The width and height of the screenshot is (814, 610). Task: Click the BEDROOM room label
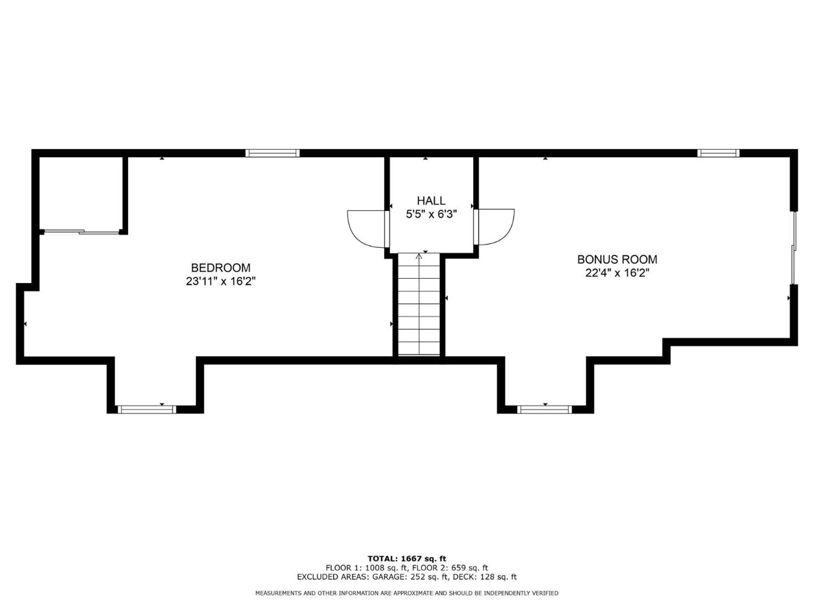click(220, 268)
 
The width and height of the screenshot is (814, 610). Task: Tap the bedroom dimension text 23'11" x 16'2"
click(220, 281)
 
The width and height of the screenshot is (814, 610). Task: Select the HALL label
click(431, 200)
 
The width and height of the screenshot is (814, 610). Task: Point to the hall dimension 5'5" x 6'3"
click(431, 214)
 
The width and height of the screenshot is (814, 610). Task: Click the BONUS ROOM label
click(617, 259)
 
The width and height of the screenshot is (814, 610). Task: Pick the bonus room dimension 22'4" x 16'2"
click(617, 273)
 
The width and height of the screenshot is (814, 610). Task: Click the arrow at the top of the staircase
click(419, 256)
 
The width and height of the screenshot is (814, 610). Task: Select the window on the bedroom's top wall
click(273, 153)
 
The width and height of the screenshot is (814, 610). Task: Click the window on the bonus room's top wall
click(719, 153)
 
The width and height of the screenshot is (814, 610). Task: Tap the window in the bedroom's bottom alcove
click(147, 409)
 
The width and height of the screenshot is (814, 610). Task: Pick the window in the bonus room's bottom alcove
click(545, 409)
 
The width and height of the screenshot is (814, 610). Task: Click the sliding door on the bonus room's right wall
click(794, 248)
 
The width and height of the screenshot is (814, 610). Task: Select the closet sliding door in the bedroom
click(81, 232)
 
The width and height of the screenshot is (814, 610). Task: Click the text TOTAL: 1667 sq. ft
click(407, 559)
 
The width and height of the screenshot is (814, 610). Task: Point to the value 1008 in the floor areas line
click(374, 568)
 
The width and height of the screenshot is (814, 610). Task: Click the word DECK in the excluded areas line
click(466, 577)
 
